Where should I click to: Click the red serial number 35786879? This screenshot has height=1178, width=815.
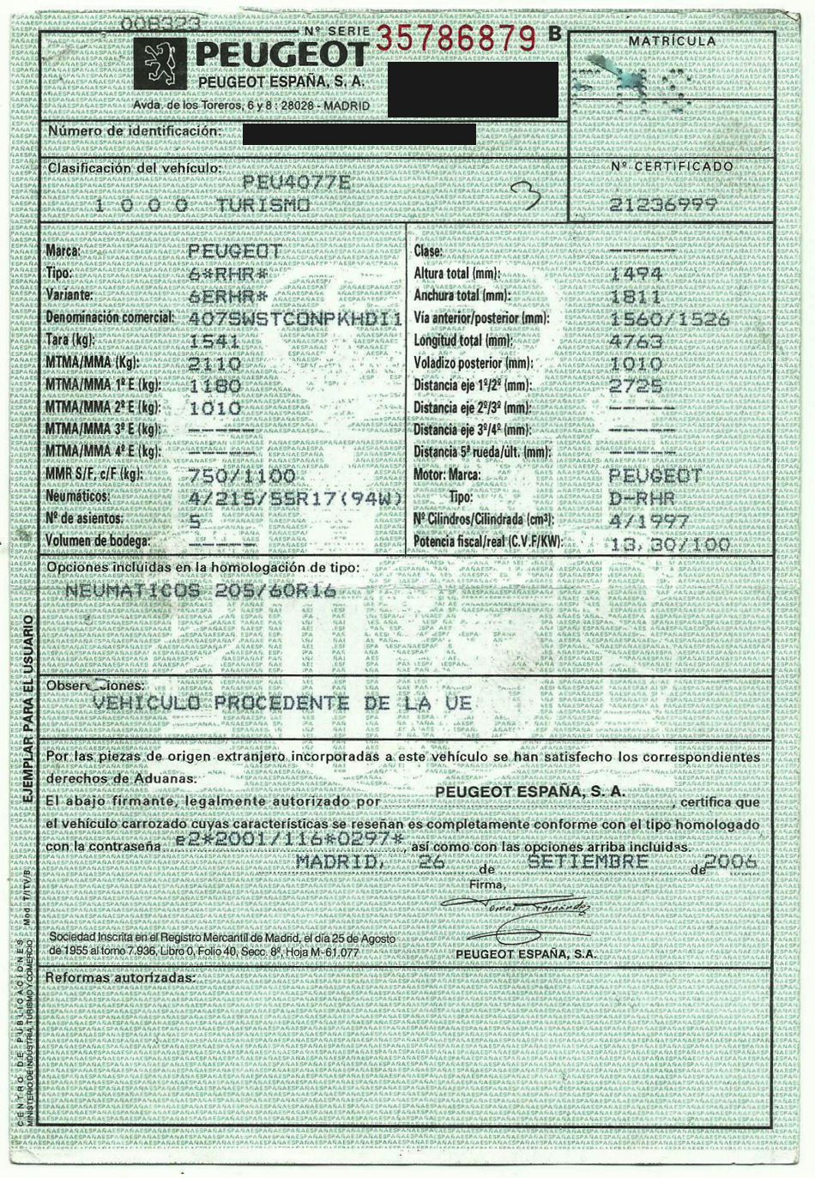click(x=456, y=36)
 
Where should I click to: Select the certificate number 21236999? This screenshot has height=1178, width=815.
click(x=663, y=204)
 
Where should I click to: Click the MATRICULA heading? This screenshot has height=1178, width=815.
click(x=672, y=41)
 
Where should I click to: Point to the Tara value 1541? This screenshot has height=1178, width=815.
click(x=214, y=341)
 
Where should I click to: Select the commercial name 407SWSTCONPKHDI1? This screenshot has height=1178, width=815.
click(x=294, y=318)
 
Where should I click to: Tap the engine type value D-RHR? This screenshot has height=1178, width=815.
click(x=642, y=498)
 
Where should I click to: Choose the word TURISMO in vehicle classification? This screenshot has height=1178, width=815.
click(x=263, y=204)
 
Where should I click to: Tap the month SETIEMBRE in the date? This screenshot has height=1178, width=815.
click(x=588, y=861)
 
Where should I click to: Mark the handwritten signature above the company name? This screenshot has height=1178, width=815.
click(x=516, y=908)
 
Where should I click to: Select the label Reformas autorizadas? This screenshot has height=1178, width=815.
click(x=120, y=977)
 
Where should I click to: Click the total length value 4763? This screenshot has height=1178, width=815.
click(x=635, y=341)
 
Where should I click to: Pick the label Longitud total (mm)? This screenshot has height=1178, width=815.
click(x=462, y=341)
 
